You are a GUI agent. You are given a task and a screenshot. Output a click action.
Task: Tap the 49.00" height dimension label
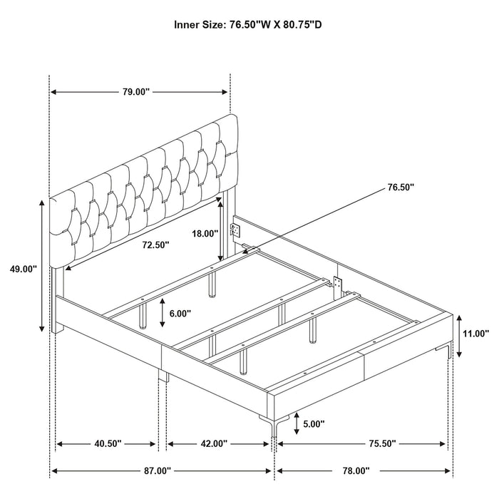click(x=23, y=269)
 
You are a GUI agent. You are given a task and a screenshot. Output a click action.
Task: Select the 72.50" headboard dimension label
click(x=155, y=245)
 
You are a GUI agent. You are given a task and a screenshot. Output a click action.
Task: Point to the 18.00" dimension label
click(x=205, y=233)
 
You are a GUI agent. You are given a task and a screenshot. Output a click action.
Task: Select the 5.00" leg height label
click(x=313, y=423)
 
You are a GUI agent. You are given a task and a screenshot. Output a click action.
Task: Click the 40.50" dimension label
click(x=107, y=443)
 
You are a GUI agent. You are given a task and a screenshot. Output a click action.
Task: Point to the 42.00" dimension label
click(x=213, y=443)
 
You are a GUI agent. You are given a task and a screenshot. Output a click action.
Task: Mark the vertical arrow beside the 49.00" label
click(x=42, y=265)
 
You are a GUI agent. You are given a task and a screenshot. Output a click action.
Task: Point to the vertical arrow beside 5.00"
click(x=290, y=424)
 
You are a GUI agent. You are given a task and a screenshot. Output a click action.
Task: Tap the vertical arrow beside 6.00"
click(x=163, y=312)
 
